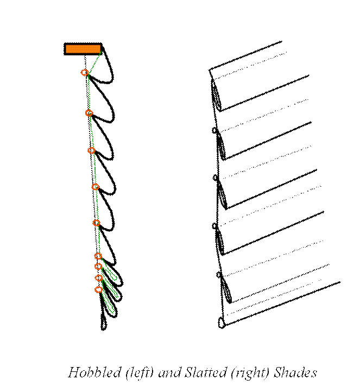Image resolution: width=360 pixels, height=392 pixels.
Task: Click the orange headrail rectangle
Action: (x=83, y=49)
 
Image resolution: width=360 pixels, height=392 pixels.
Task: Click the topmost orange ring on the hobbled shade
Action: (x=85, y=73)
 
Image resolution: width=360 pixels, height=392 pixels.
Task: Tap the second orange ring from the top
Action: (x=89, y=113)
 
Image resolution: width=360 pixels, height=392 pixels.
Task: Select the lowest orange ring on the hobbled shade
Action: (x=99, y=289)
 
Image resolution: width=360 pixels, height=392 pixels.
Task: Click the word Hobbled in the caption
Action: (x=94, y=372)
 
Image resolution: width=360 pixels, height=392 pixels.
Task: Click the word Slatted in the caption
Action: (x=205, y=372)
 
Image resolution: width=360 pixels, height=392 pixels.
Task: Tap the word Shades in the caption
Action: (x=295, y=372)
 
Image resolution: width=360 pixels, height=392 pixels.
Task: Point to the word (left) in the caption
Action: (x=140, y=373)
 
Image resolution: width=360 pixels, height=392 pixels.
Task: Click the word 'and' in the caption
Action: (x=169, y=373)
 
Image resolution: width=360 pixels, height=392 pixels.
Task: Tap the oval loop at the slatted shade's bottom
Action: (x=221, y=323)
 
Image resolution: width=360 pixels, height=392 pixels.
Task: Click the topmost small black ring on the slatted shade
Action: (x=214, y=130)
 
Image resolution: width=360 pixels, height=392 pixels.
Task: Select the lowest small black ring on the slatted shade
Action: (x=219, y=275)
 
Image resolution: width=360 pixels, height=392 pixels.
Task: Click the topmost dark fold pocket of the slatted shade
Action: (x=216, y=96)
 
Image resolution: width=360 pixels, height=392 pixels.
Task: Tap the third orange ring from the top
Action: (x=92, y=150)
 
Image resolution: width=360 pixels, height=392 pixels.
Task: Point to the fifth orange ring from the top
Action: (x=96, y=223)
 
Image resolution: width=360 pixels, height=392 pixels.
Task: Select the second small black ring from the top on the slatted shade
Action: (x=215, y=178)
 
